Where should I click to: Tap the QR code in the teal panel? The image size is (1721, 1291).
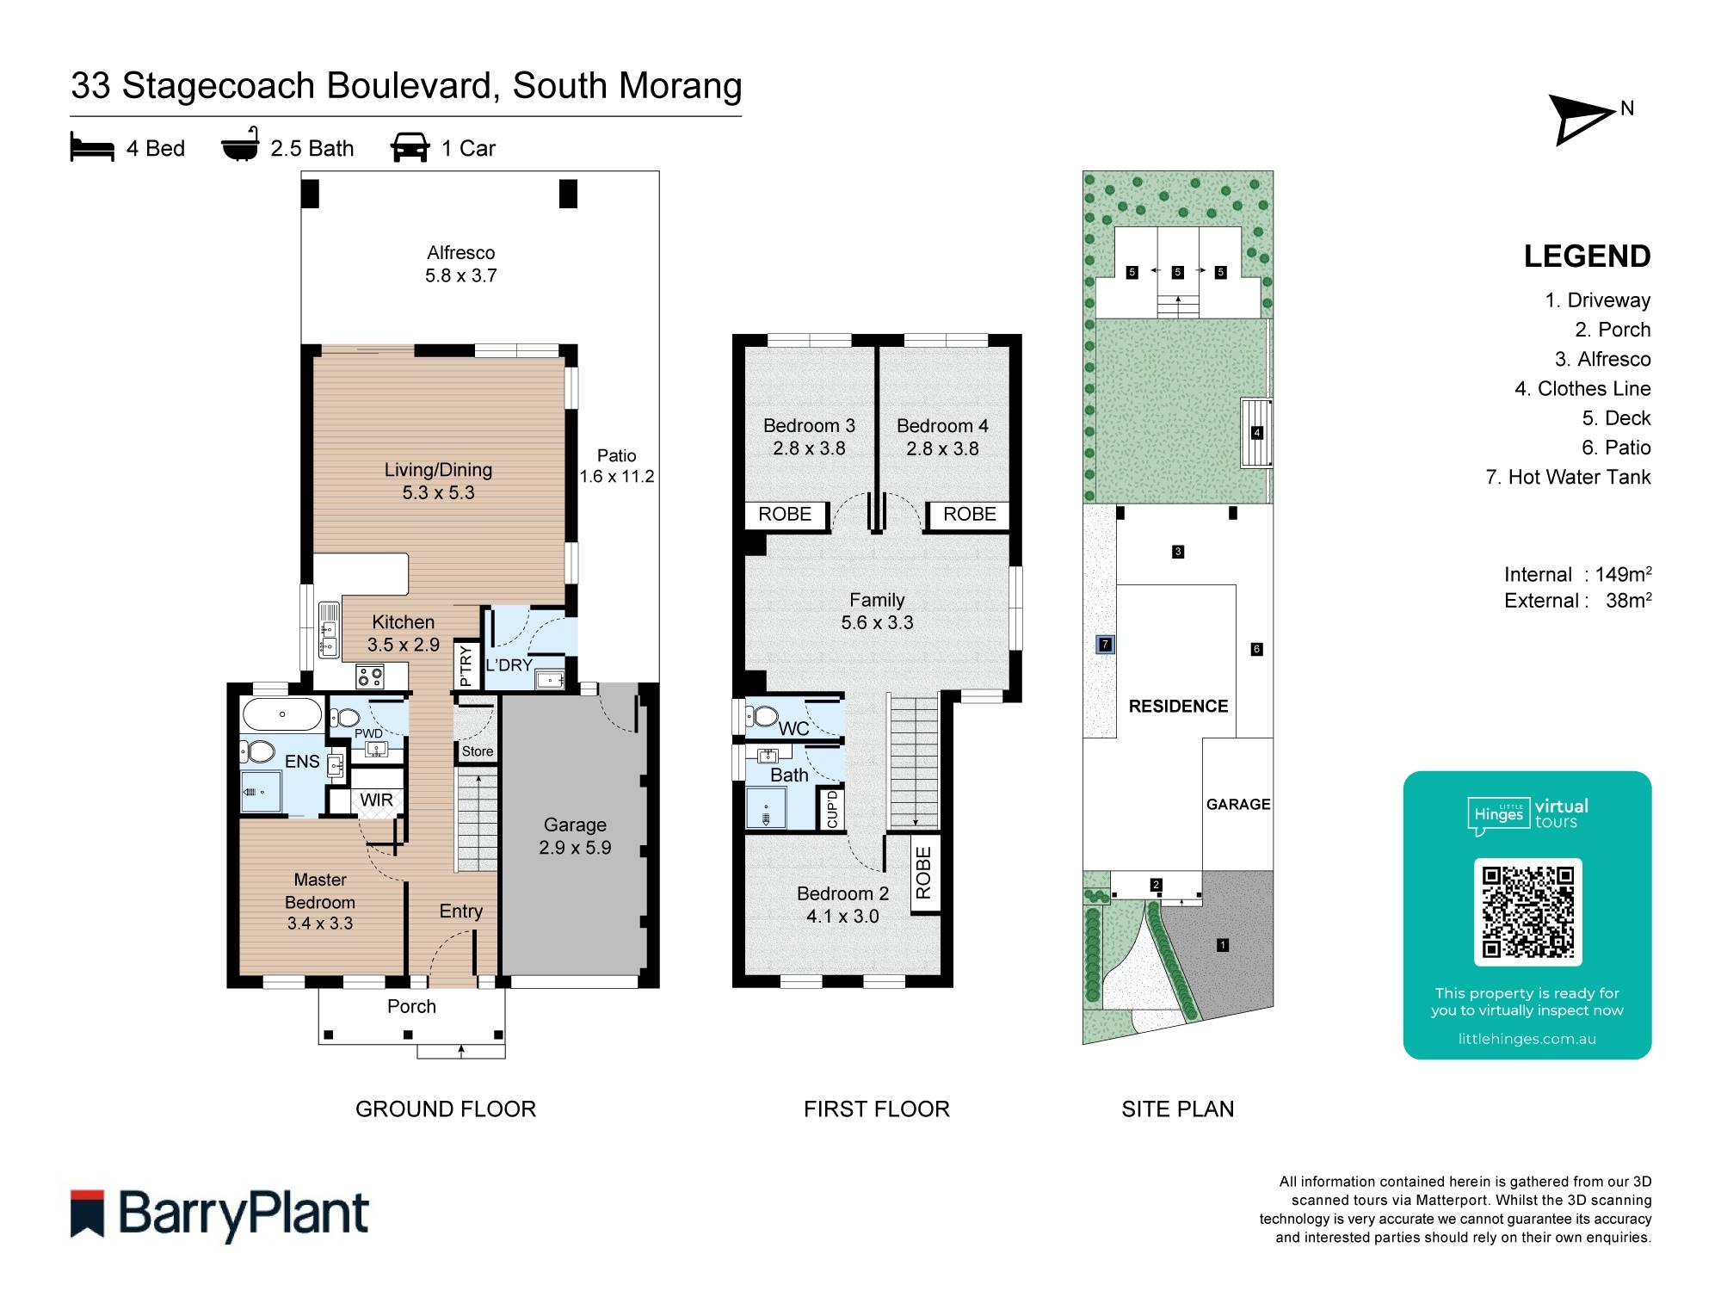[x=1527, y=911]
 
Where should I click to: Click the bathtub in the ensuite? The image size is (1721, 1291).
[x=281, y=714]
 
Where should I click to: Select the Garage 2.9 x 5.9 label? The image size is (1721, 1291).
[x=575, y=836]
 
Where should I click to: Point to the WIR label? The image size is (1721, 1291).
[x=376, y=800]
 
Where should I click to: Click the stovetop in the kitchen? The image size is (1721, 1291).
[x=370, y=676]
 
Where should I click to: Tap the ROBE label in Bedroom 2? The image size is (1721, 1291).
[x=923, y=873]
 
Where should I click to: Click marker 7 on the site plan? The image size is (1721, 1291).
[x=1105, y=644]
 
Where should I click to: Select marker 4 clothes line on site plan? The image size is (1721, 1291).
[x=1256, y=433]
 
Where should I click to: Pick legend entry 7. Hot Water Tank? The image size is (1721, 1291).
[x=1568, y=477]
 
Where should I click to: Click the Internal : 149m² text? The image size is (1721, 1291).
[x=1577, y=574]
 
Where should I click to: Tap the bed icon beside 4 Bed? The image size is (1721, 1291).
[x=92, y=147]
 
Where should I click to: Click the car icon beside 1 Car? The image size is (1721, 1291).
[x=410, y=147]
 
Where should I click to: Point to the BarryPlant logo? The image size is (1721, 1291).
[x=220, y=1214]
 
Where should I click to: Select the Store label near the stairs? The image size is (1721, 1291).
[x=477, y=751]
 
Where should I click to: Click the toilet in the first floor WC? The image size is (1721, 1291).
[x=762, y=715]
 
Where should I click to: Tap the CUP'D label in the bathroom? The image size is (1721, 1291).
[x=831, y=809]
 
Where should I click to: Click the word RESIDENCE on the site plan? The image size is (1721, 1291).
[x=1178, y=706]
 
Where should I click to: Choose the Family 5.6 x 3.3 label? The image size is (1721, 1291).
[x=877, y=611]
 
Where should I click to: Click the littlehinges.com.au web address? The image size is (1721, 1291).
[x=1527, y=1039]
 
